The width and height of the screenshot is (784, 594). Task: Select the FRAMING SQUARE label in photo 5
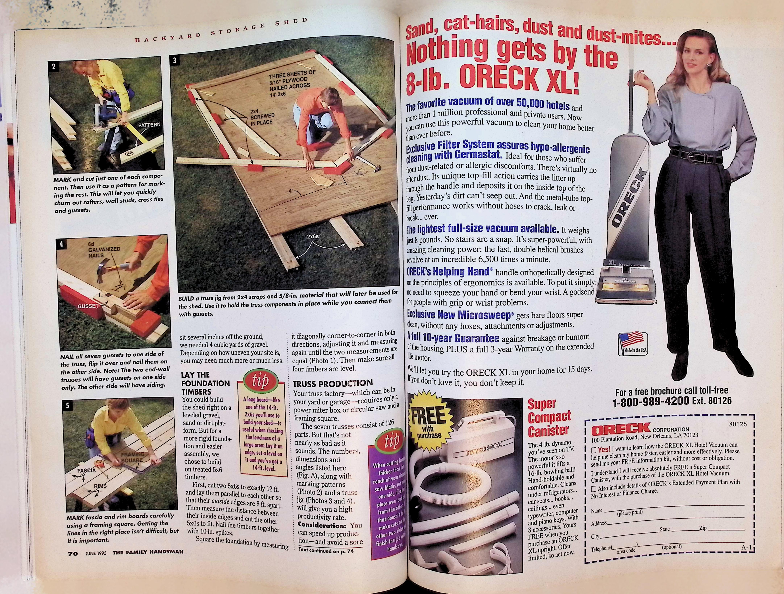132,457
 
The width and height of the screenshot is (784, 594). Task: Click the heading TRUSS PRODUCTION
332,383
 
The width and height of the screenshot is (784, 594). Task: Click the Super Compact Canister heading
549,417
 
